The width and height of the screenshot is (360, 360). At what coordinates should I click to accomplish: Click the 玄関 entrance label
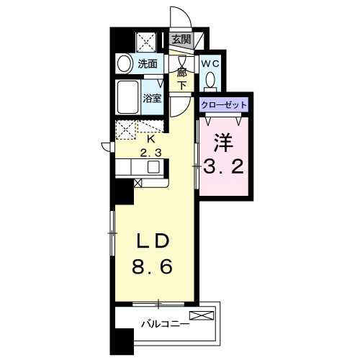point(181,40)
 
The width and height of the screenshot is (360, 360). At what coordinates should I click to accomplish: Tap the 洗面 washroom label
point(148,63)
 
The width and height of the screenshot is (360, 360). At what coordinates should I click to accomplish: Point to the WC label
point(210,63)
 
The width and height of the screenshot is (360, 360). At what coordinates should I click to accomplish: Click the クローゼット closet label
point(223,105)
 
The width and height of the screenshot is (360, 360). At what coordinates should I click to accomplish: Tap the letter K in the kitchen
point(151,139)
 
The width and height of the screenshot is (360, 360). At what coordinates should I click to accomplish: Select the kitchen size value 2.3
point(151,153)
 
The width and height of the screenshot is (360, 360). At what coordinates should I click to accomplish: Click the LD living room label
point(152,240)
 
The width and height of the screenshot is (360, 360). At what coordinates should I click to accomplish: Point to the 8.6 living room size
point(152,269)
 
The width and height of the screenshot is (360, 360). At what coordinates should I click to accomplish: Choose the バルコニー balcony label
point(164,324)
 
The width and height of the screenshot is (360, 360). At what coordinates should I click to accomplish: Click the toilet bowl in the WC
point(210,78)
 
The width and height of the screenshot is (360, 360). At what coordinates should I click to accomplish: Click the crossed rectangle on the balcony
point(202,315)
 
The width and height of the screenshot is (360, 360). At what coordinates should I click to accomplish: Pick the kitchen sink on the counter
point(153,168)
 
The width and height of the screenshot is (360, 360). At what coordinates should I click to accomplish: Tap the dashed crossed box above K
point(127,130)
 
